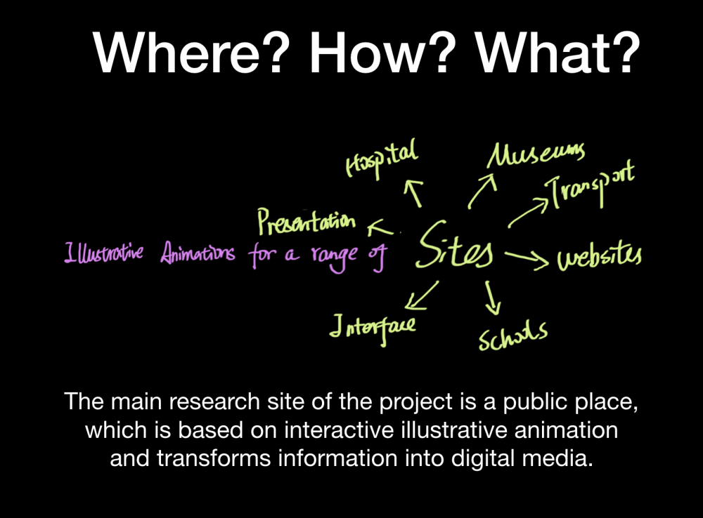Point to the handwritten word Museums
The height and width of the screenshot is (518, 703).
pos(536,155)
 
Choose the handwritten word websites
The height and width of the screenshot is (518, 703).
pos(600,258)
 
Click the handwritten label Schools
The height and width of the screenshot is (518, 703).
pos(513,336)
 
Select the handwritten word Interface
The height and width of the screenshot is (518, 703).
pos(373,327)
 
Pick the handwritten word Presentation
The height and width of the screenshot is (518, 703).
pos(307,222)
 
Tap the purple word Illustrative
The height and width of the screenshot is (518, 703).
pos(104,253)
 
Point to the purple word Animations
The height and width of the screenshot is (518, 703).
pos(198,253)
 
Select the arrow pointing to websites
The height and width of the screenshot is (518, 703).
pos(527,258)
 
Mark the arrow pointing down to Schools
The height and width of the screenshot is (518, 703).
pos(493,298)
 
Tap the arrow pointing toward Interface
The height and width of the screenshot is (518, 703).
pos(422,295)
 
